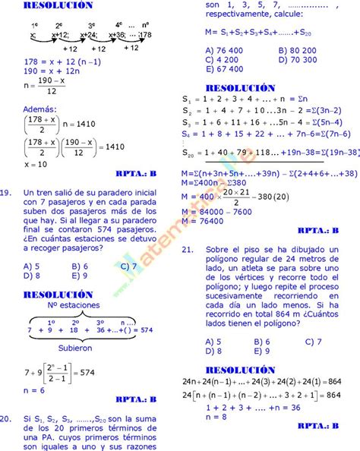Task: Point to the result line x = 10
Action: (36, 164)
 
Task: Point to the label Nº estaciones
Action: (74, 305)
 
